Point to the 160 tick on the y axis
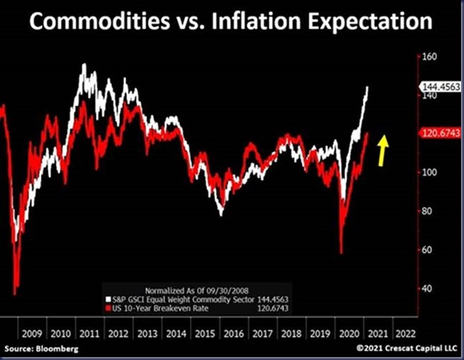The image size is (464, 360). tap(429, 57)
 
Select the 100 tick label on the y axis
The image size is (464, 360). tap(429, 173)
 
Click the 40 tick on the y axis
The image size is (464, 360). tap(427, 289)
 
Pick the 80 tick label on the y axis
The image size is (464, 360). tap(427, 211)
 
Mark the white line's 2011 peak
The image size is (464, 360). tap(83, 65)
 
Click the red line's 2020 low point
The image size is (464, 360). tap(341, 253)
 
